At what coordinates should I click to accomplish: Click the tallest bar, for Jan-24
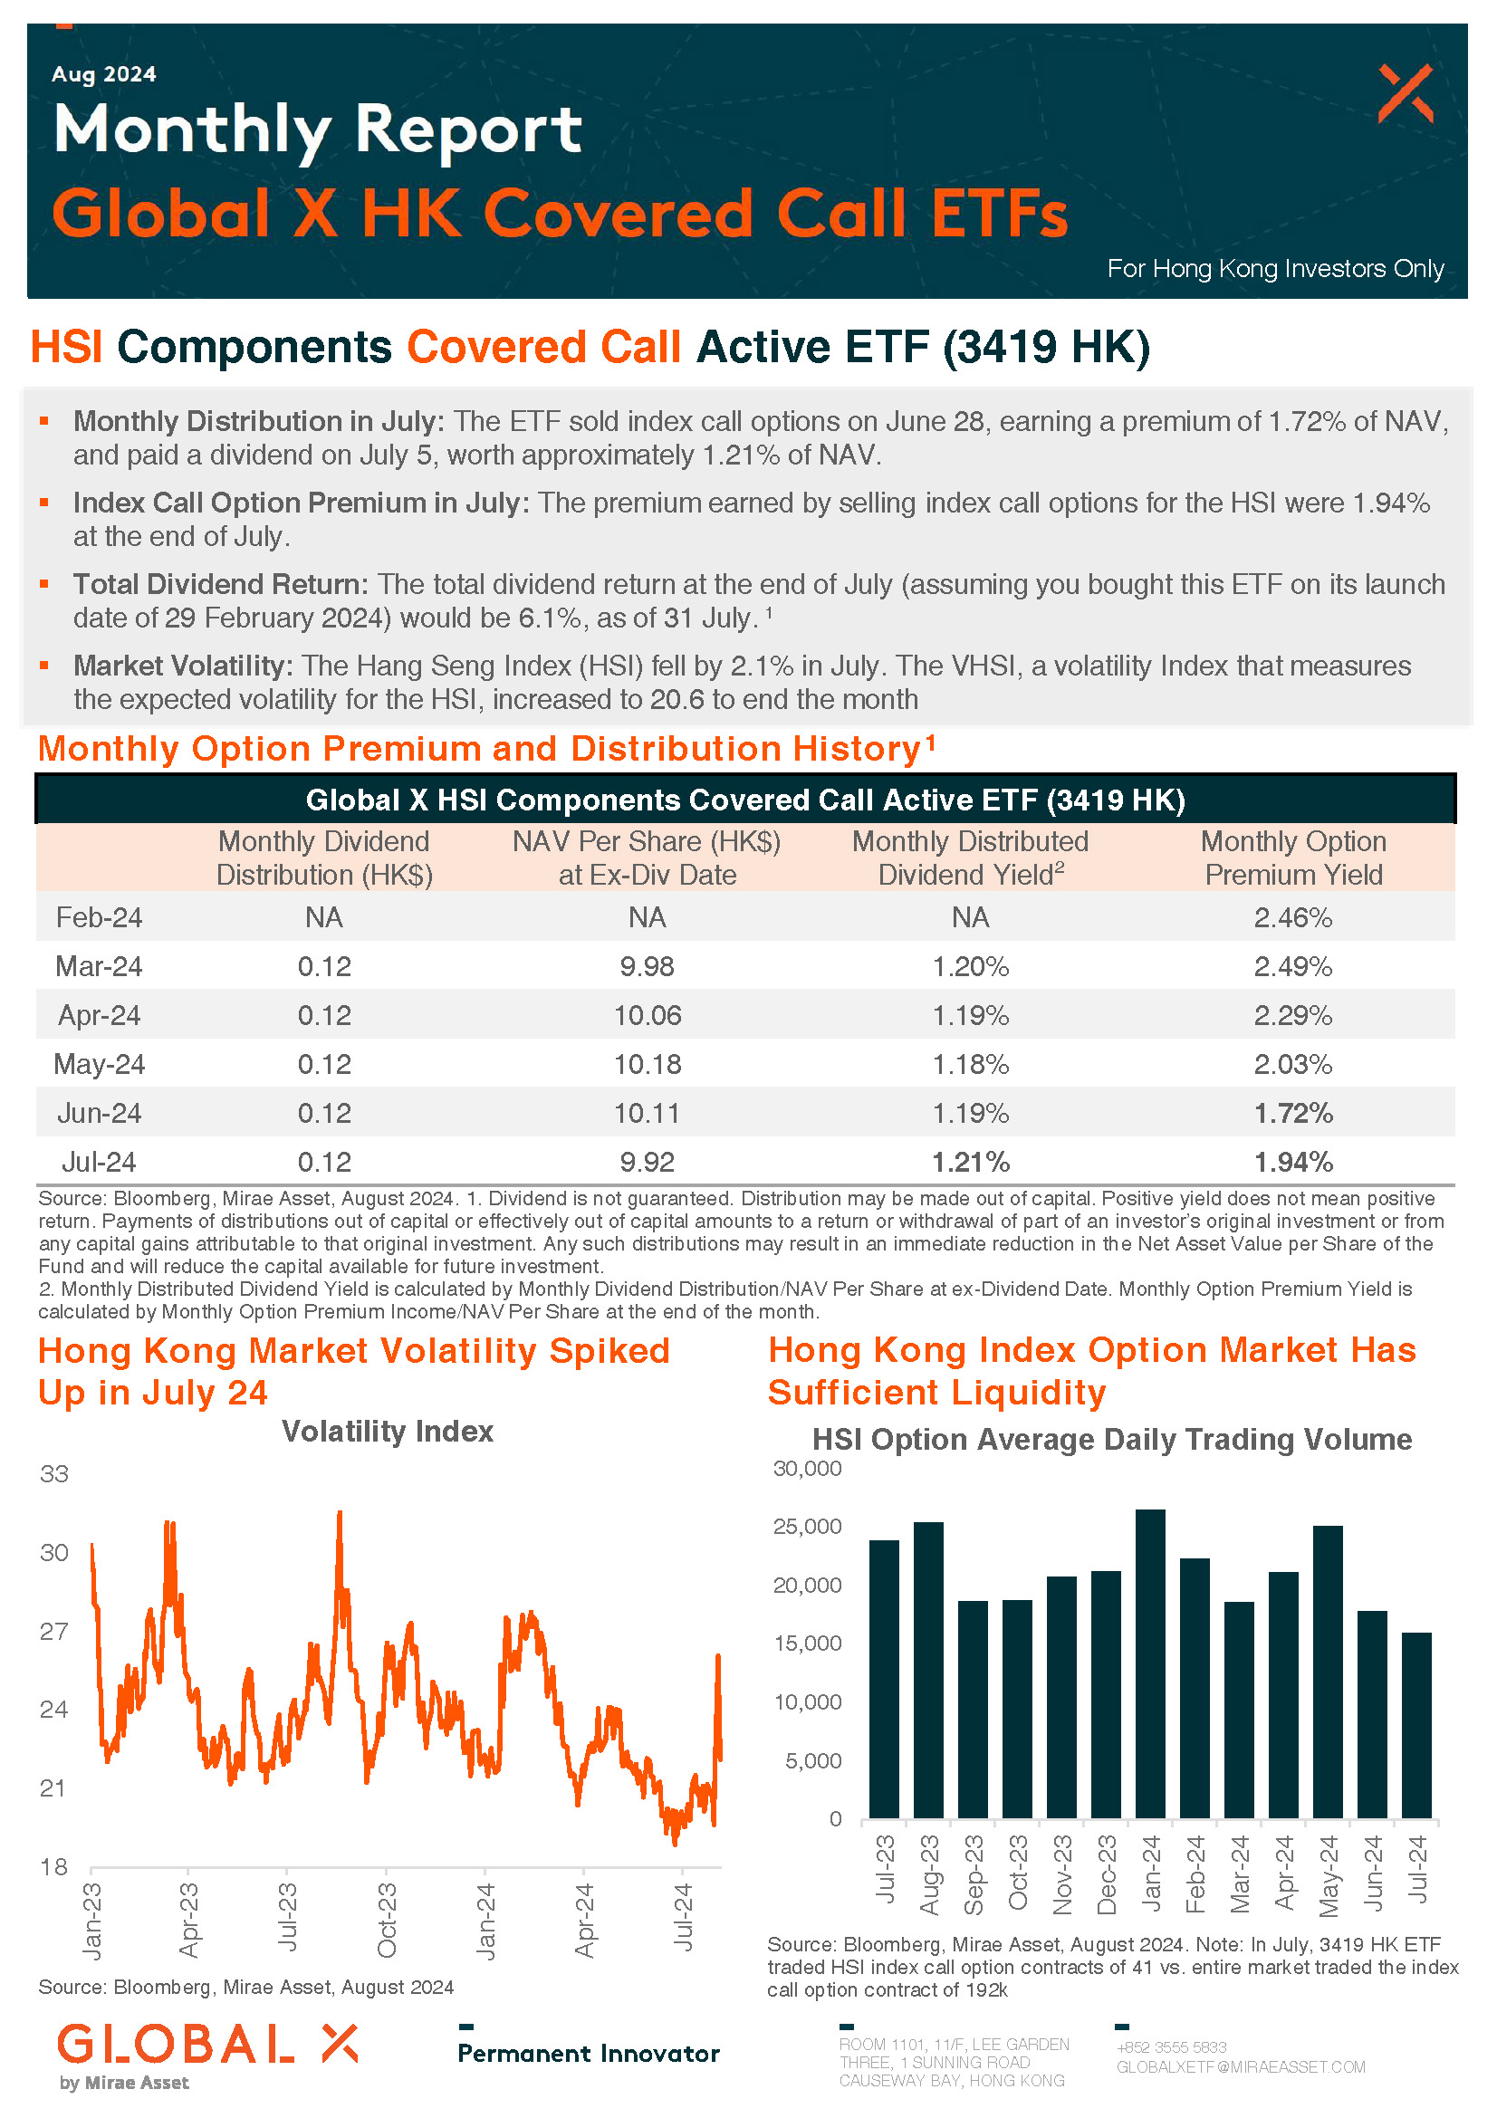click(1150, 1663)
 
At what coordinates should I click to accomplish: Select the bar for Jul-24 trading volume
click(1416, 1725)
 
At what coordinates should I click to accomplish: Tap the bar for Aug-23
click(929, 1670)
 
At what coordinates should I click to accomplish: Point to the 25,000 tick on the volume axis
click(807, 1527)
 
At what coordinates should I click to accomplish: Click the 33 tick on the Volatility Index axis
click(54, 1473)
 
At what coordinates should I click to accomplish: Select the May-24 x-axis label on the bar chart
click(1329, 1874)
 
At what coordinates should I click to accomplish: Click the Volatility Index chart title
click(388, 1431)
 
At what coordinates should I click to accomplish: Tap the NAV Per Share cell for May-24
click(648, 1064)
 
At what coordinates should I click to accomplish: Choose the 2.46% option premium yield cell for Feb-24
click(1293, 917)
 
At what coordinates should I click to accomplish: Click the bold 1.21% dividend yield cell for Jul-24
click(970, 1162)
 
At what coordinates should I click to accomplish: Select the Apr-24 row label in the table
click(99, 1015)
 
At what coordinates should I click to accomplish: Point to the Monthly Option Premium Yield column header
click(1293, 857)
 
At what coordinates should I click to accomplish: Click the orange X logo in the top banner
click(1406, 93)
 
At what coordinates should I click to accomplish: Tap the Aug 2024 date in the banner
click(104, 73)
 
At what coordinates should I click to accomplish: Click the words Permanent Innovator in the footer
click(589, 2053)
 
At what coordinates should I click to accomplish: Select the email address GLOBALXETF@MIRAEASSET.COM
click(1241, 2066)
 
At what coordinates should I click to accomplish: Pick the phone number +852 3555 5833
click(1171, 2047)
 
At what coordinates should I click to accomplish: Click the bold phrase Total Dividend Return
click(221, 584)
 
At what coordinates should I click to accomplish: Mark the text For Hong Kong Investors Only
click(1276, 268)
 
